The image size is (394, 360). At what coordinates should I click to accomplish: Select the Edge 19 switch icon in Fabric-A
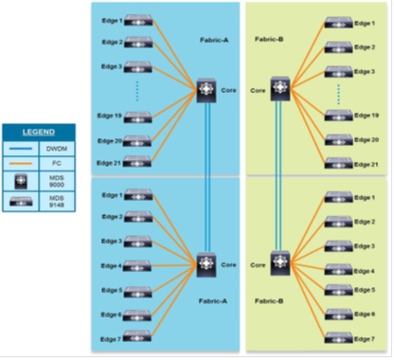point(138,117)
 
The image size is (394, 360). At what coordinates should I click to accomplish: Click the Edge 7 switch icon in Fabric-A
point(138,338)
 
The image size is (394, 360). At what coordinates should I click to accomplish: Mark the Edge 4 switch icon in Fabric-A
point(138,265)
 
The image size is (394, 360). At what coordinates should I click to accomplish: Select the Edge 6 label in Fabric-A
point(111,314)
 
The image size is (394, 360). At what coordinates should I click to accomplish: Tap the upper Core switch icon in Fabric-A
point(207,91)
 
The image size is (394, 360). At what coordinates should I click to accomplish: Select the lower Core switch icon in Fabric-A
point(207,264)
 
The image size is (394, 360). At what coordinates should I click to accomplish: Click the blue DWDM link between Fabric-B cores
point(279,175)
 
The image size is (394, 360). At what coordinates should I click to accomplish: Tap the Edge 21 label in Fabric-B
point(367,164)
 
